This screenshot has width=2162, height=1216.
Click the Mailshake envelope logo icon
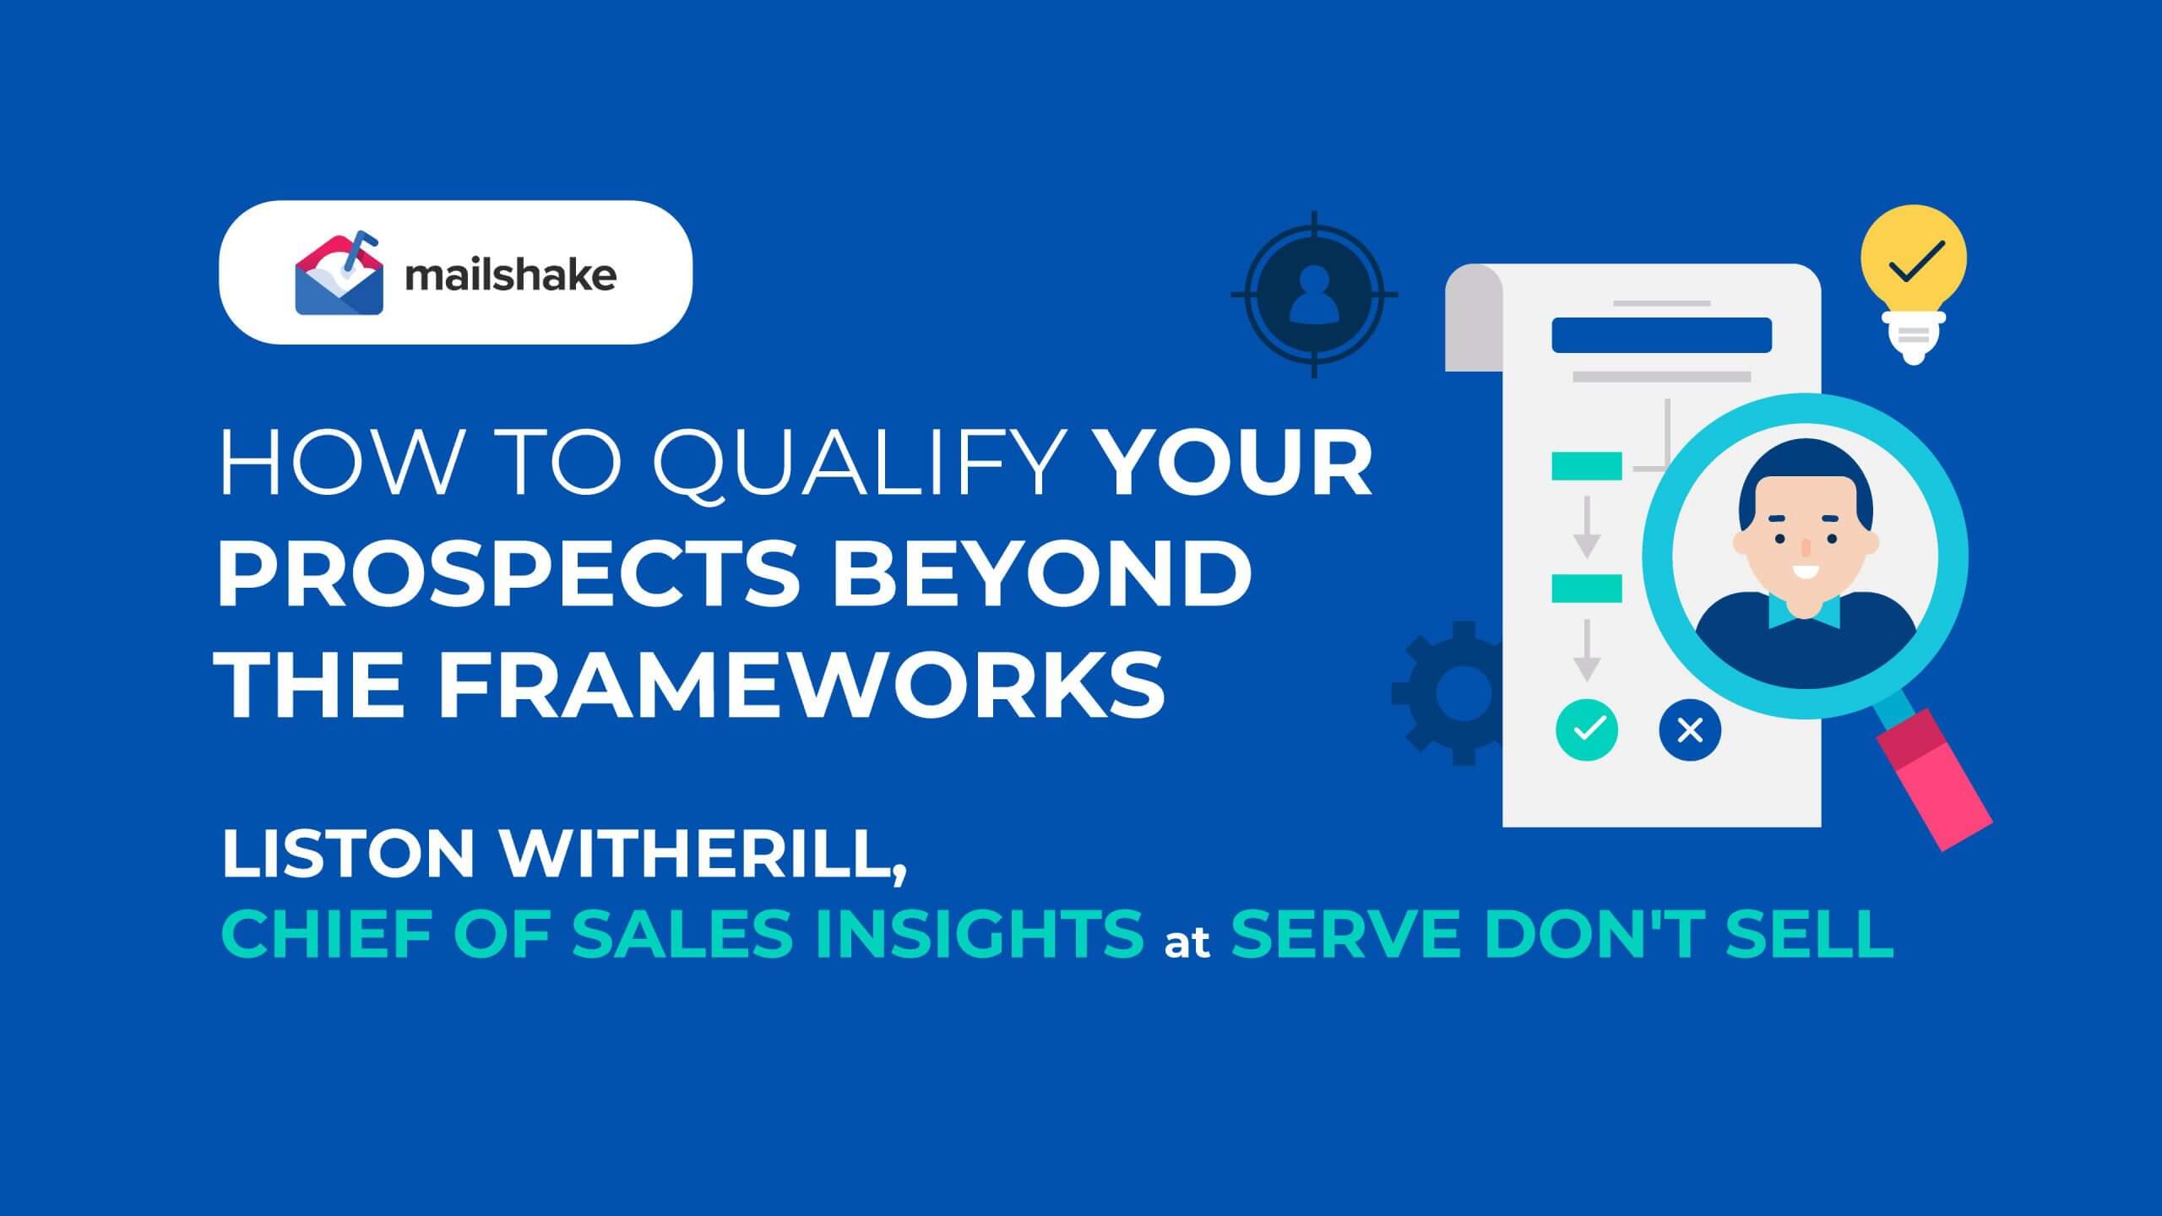tap(339, 276)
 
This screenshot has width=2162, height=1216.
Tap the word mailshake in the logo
tap(511, 275)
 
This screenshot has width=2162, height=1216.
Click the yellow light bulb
tap(1914, 279)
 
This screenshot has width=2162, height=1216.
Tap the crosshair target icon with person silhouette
tap(1314, 294)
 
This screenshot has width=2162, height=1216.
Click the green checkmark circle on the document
tap(1587, 729)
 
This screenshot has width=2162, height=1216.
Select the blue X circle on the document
tap(1690, 729)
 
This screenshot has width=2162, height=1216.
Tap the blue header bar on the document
tap(1661, 335)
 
